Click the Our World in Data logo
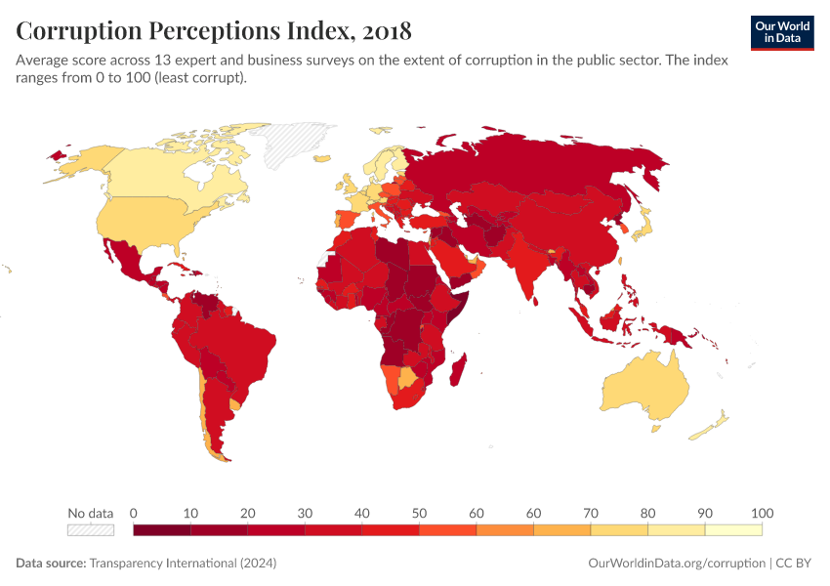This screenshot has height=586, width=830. coord(782,32)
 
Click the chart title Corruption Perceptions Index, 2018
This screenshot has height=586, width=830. coord(214,31)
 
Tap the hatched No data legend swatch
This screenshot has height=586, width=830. coord(90,529)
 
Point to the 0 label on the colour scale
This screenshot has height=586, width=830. coord(133,514)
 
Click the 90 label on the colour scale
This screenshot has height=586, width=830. coord(705,514)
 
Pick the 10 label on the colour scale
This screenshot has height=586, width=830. coord(190,514)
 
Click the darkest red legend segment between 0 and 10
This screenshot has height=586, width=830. coord(161,529)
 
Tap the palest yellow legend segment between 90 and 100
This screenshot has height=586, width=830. coord(733,529)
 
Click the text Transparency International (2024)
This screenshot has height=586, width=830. coord(183,564)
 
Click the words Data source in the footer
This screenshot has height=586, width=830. coord(50,564)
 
